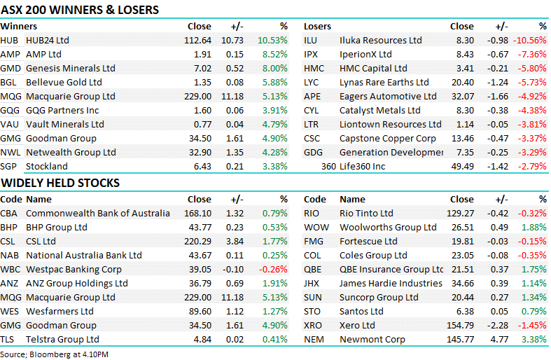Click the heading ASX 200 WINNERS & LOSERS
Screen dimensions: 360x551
click(x=80, y=10)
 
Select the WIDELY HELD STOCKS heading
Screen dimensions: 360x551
click(x=60, y=183)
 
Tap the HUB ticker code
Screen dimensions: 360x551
click(x=9, y=40)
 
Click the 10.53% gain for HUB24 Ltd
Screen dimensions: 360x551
click(x=272, y=40)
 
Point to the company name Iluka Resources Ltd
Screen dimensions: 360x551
click(x=380, y=40)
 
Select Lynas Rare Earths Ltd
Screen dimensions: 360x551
click(x=384, y=82)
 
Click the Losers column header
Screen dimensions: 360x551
click(x=317, y=26)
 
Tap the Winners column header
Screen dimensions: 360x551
click(x=19, y=26)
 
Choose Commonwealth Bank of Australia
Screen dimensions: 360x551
click(x=97, y=213)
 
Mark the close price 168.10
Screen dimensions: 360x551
click(x=197, y=213)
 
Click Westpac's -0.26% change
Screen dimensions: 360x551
click(x=273, y=269)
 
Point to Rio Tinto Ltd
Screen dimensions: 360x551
click(x=366, y=213)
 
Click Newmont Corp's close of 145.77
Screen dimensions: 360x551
click(x=459, y=339)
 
